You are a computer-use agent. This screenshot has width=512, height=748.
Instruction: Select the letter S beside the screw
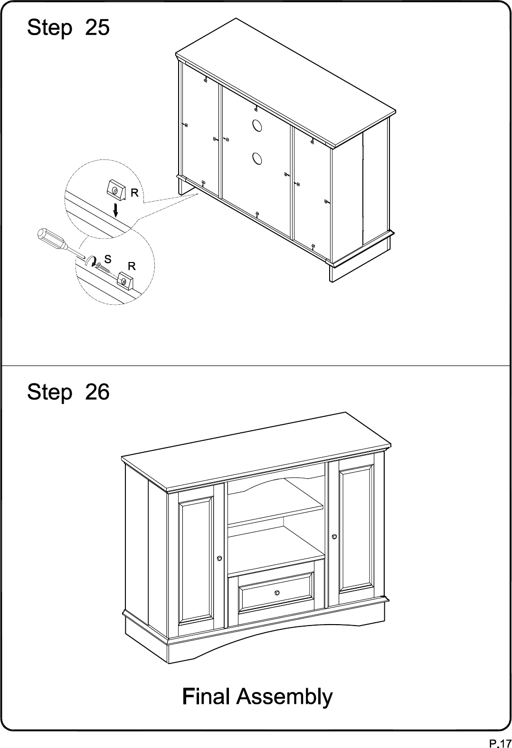pyautogui.click(x=108, y=259)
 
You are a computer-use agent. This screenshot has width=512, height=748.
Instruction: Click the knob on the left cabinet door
pyautogui.click(x=219, y=558)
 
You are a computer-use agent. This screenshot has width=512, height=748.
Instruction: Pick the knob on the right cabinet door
pyautogui.click(x=334, y=536)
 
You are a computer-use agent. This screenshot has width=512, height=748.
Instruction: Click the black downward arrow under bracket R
pyautogui.click(x=115, y=210)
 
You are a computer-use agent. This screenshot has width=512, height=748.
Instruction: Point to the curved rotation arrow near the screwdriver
pyautogui.click(x=90, y=261)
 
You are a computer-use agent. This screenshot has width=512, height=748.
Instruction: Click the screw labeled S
pyautogui.click(x=103, y=267)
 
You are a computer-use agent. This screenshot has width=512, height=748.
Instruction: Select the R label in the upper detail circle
pyautogui.click(x=134, y=193)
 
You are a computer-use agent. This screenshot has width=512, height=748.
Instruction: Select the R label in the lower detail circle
pyautogui.click(x=132, y=266)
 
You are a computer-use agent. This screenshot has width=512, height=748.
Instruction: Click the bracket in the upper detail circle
pyautogui.click(x=117, y=190)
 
